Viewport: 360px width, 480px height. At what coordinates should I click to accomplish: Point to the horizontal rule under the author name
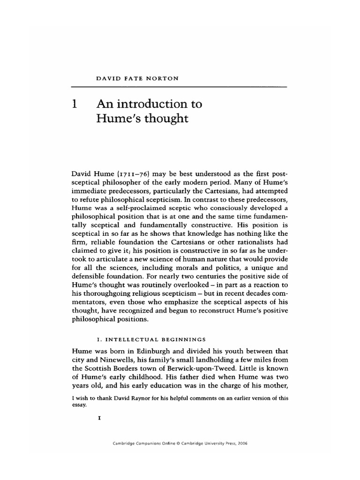click(x=179, y=87)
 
